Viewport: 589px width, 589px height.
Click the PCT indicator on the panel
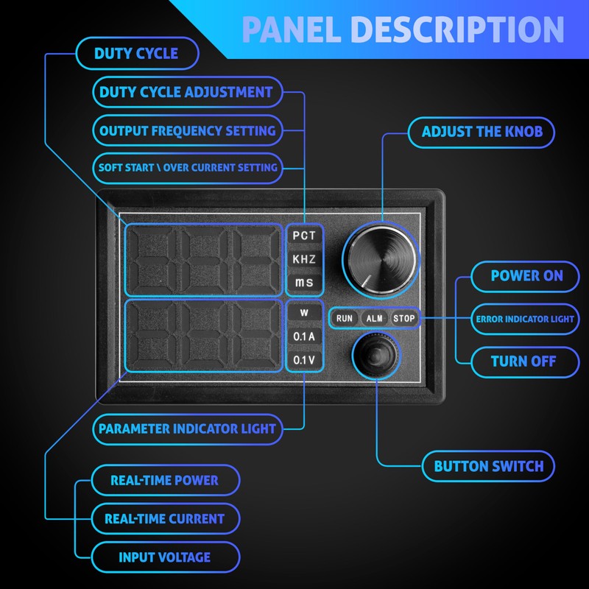pos(304,236)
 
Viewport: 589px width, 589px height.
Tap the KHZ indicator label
pos(304,259)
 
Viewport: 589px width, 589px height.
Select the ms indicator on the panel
pos(304,282)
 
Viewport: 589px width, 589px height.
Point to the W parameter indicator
pos(304,312)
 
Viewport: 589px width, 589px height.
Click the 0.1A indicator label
pos(304,336)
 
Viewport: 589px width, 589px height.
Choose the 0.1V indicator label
pos(304,360)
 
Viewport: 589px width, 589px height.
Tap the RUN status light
pos(345,319)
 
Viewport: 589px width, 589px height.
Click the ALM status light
pos(374,319)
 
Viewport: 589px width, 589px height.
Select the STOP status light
pos(403,319)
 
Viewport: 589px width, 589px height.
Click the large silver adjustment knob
pos(381,260)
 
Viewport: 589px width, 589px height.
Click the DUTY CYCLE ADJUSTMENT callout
pos(187,92)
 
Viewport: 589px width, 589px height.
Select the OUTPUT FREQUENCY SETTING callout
pos(187,130)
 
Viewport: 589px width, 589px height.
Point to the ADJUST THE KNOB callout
pos(482,132)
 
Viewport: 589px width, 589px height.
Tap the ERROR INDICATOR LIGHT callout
pos(525,319)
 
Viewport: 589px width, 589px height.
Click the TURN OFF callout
pos(525,361)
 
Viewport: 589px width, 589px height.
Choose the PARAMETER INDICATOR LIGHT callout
pos(187,429)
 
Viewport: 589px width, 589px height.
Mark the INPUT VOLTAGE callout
pos(165,557)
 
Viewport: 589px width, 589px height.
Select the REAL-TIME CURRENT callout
pos(165,519)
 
